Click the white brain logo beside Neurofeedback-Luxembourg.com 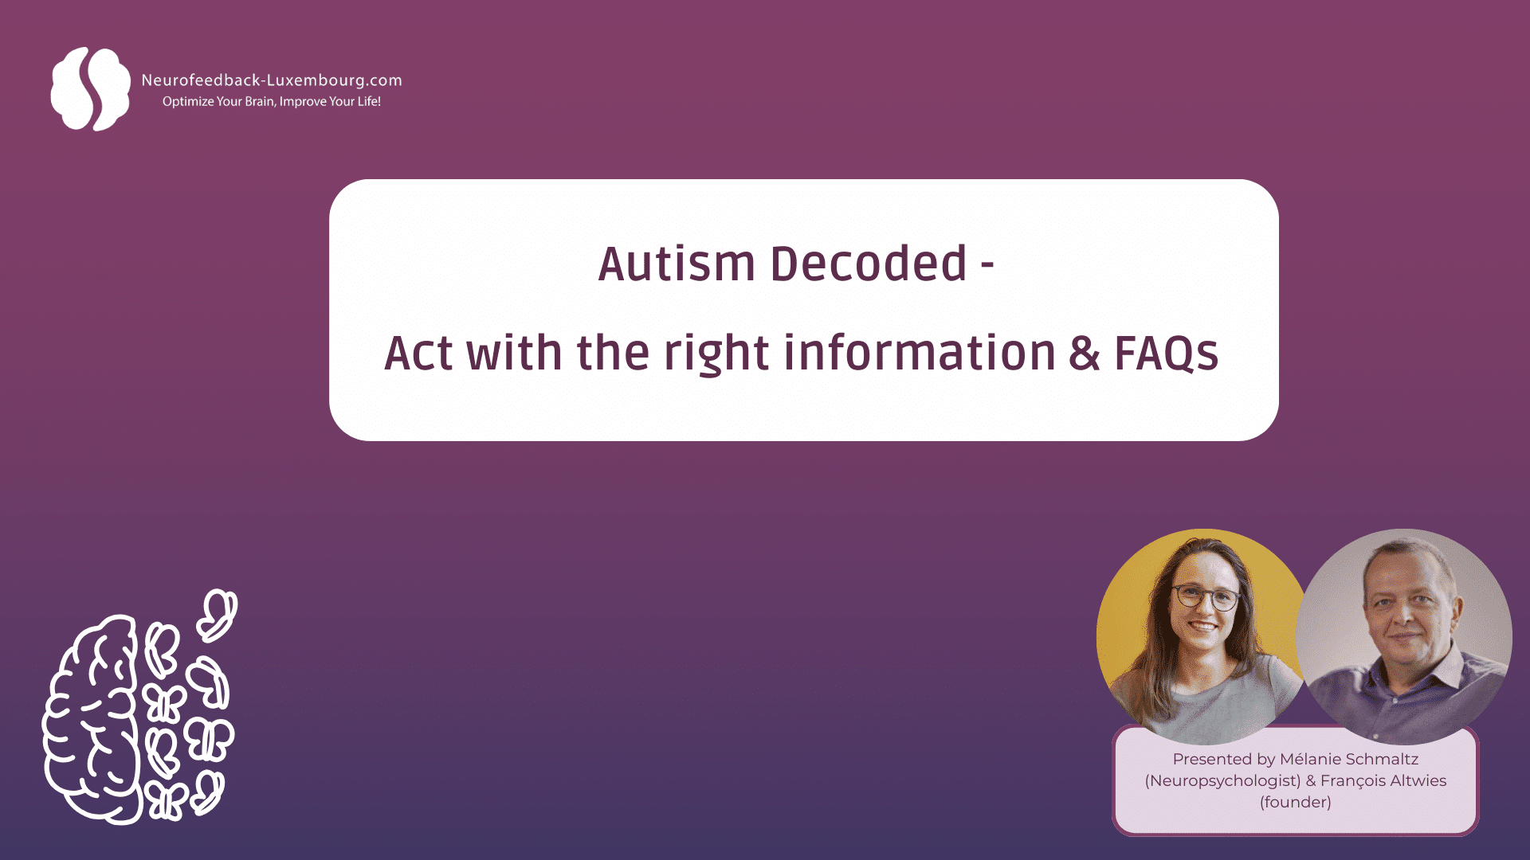pos(89,88)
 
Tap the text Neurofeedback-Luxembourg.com pos(271,80)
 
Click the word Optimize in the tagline pos(188,102)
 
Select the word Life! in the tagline pos(368,102)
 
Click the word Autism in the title pos(676,264)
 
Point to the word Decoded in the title pos(868,264)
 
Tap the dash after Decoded pos(987,266)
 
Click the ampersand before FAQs pos(1085,354)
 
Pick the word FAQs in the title pos(1166,354)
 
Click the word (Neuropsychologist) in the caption pos(1222,781)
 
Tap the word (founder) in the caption pos(1295,803)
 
